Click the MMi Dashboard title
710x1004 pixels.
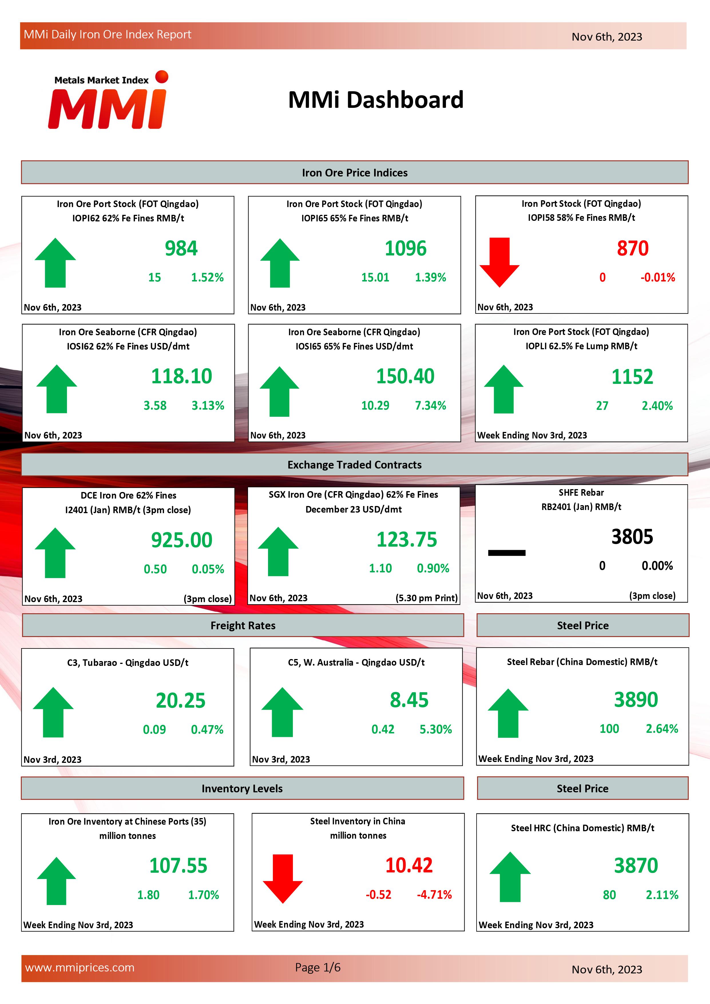click(x=376, y=100)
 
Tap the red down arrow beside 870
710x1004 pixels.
click(x=499, y=261)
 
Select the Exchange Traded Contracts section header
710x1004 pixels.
click(x=354, y=465)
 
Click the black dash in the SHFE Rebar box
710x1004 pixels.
click(x=506, y=553)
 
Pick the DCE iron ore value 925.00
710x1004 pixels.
click(x=181, y=540)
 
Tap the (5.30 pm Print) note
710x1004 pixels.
click(x=426, y=598)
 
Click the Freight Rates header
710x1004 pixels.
click(x=243, y=625)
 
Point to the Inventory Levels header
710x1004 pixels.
click(x=242, y=788)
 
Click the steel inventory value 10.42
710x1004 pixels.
click(x=409, y=865)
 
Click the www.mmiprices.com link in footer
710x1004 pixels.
click(x=80, y=968)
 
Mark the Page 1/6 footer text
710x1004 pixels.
click(x=318, y=967)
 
